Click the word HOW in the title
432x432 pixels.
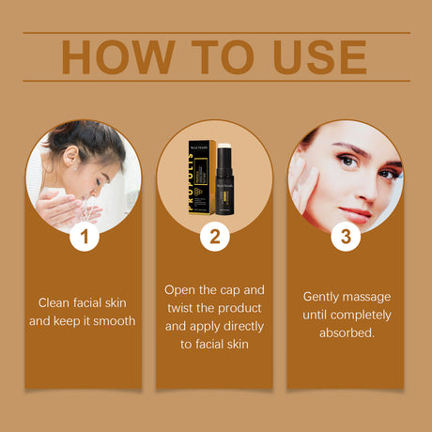pos(116,58)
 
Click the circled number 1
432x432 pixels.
pos(85,238)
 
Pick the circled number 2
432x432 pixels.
pos(215,238)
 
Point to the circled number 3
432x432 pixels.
pos(345,238)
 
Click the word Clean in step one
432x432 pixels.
pos(55,302)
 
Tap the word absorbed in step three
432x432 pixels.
pos(346,333)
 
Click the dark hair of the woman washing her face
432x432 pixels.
pos(99,141)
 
